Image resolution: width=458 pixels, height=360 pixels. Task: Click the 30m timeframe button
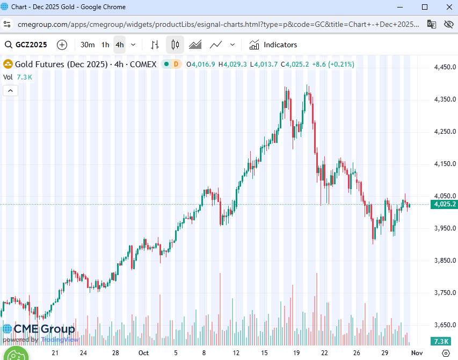point(88,45)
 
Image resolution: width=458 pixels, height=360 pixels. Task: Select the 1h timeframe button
point(105,45)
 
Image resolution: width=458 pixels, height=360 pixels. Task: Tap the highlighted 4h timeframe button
point(119,45)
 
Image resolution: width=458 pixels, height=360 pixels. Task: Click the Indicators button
point(273,45)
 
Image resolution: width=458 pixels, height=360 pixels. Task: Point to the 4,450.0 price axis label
point(445,67)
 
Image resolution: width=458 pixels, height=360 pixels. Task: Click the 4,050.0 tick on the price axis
point(445,196)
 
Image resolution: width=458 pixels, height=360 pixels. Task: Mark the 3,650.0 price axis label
point(445,325)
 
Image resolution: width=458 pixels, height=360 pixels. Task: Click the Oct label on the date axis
point(143,353)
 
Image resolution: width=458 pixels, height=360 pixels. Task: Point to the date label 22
point(325,353)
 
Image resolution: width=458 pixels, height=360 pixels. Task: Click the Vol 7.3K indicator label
point(18,77)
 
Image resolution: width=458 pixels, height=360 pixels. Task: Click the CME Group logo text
point(44,329)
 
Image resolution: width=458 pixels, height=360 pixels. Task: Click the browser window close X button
point(448,7)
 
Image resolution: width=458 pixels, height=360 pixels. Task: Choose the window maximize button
point(425,7)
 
